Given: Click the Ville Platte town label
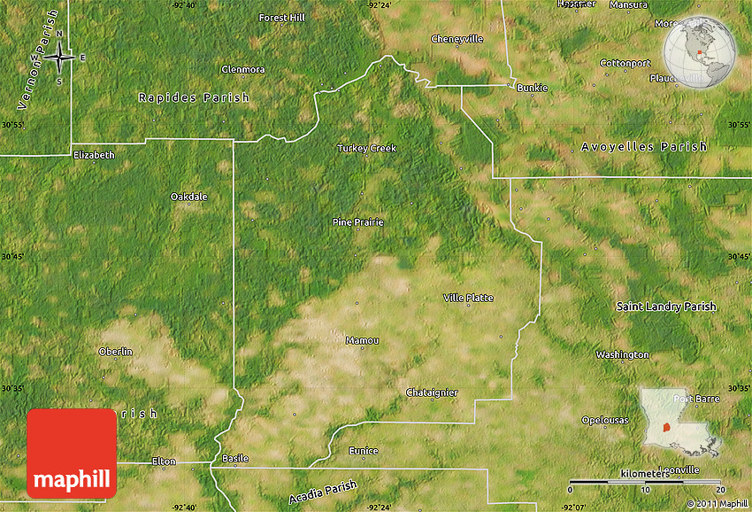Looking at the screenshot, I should click(x=468, y=298).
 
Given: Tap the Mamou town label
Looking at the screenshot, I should click(x=362, y=340).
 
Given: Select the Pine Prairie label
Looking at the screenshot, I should click(x=357, y=221).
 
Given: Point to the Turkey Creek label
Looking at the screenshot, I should click(x=366, y=148).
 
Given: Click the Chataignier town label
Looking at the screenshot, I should click(x=431, y=392).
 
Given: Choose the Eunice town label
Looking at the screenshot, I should click(x=363, y=451).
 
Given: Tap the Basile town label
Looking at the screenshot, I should click(x=235, y=458).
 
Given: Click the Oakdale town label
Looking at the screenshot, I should click(x=188, y=196).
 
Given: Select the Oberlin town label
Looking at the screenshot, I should click(x=115, y=351).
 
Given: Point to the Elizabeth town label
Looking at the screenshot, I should click(x=94, y=154).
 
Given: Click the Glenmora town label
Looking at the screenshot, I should click(x=242, y=68).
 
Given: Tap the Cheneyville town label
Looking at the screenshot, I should click(x=457, y=39).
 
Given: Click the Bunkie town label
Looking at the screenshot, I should click(x=532, y=88).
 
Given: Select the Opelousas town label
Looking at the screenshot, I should click(x=605, y=420).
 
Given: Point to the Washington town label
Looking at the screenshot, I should click(x=622, y=354).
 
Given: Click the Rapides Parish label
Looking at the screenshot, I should click(x=194, y=97).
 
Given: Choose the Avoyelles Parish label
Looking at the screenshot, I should click(x=644, y=146).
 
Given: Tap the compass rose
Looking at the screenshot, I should click(x=59, y=58).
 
